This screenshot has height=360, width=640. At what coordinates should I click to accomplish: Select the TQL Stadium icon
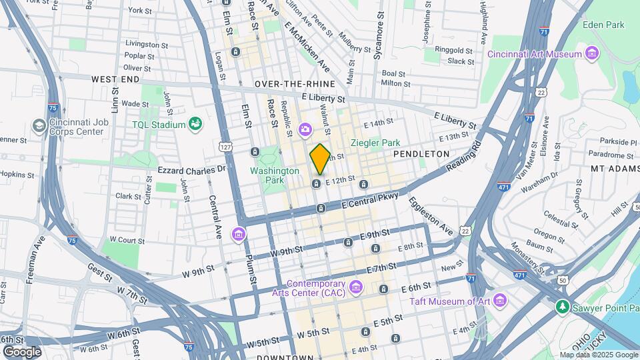tap(195, 124)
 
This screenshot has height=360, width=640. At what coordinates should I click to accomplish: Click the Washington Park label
tap(275, 175)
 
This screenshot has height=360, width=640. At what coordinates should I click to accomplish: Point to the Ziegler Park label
tap(375, 143)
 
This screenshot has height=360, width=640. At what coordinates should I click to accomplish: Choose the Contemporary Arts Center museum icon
tap(355, 287)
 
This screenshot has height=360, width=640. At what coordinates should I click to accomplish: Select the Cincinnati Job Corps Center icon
tap(39, 125)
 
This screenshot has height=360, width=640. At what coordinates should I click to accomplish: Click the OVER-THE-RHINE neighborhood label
tap(295, 84)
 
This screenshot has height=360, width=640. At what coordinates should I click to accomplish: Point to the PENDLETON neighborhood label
tap(421, 154)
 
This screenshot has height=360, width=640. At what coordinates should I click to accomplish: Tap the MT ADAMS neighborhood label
tap(615, 169)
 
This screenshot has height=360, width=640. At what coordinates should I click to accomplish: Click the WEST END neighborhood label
tap(115, 79)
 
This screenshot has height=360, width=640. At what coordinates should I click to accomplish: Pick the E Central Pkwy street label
tap(370, 199)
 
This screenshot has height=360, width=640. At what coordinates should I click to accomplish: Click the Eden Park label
tap(603, 25)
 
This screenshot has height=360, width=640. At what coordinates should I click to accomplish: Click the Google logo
tap(21, 351)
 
